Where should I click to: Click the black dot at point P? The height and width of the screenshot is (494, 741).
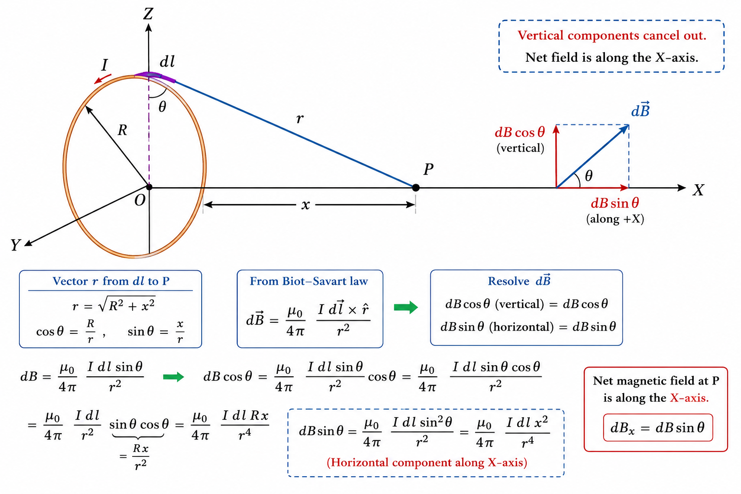(416, 188)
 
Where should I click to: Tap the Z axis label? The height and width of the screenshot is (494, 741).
(148, 14)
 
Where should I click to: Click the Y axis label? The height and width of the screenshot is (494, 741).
(15, 245)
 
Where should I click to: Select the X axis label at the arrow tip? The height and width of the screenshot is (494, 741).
(699, 190)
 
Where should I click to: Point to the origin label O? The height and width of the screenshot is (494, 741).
(139, 200)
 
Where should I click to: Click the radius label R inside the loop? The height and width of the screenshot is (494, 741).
(123, 130)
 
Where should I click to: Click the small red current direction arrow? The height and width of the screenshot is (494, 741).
(103, 79)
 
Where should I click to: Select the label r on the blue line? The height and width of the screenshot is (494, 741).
(300, 118)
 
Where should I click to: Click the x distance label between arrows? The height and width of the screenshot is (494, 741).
(306, 205)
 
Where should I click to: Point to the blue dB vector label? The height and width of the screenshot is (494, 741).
(641, 110)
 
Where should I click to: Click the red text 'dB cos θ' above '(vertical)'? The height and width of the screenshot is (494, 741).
(520, 132)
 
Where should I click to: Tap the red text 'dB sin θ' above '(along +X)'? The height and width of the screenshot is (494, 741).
(615, 203)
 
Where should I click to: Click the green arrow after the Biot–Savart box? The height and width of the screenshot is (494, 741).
(406, 307)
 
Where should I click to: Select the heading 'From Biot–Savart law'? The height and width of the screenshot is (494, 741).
(309, 281)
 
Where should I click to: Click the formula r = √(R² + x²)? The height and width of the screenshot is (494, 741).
(114, 305)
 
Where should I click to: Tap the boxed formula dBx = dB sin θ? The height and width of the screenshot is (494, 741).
(658, 427)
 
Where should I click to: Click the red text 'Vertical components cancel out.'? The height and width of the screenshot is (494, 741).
(612, 35)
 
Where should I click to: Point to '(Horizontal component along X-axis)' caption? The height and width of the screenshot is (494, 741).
(427, 462)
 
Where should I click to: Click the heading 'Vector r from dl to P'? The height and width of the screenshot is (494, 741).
(111, 281)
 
